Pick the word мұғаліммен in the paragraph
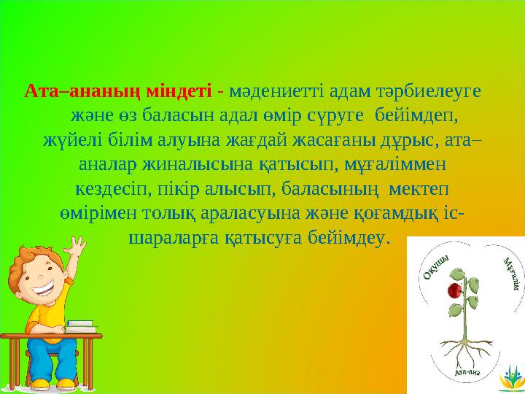tap(387, 164)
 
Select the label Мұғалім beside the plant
tap(510, 274)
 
